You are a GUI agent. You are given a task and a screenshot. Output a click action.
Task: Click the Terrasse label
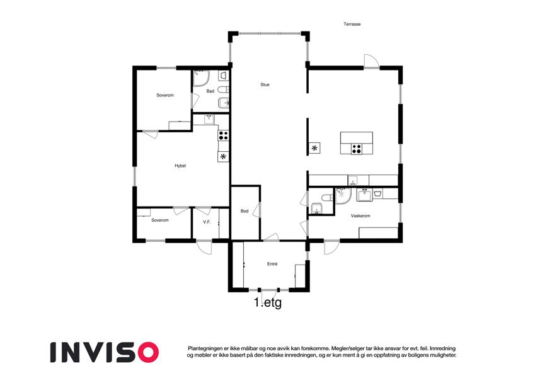(x=352, y=24)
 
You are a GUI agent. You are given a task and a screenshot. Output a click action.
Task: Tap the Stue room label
(x=265, y=84)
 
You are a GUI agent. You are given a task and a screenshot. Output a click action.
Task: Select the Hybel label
(x=180, y=166)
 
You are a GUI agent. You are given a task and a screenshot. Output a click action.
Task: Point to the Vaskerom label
(x=360, y=215)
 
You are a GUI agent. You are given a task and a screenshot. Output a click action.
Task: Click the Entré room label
(x=272, y=264)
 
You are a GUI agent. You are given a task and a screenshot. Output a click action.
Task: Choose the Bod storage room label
(x=244, y=211)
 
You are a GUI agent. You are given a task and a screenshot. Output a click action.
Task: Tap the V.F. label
(x=207, y=222)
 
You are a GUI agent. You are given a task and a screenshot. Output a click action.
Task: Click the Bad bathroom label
(x=210, y=91)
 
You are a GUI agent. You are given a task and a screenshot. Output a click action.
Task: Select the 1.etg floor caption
(x=268, y=302)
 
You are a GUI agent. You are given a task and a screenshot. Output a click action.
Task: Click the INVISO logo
(x=105, y=352)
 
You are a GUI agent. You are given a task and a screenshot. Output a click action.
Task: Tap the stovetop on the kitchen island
(x=357, y=149)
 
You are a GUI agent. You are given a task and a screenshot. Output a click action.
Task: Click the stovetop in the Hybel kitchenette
(x=224, y=135)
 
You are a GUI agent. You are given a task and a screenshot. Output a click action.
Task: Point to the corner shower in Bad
(x=201, y=78)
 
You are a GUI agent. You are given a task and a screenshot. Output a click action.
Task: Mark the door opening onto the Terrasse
(x=371, y=61)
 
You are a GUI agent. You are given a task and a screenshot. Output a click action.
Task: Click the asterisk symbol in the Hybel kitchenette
(x=223, y=157)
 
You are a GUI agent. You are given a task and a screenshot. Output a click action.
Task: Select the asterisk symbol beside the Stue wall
(x=314, y=148)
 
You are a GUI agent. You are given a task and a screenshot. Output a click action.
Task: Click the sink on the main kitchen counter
(x=352, y=180)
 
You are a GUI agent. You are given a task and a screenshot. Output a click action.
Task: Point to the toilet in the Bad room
(x=222, y=90)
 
